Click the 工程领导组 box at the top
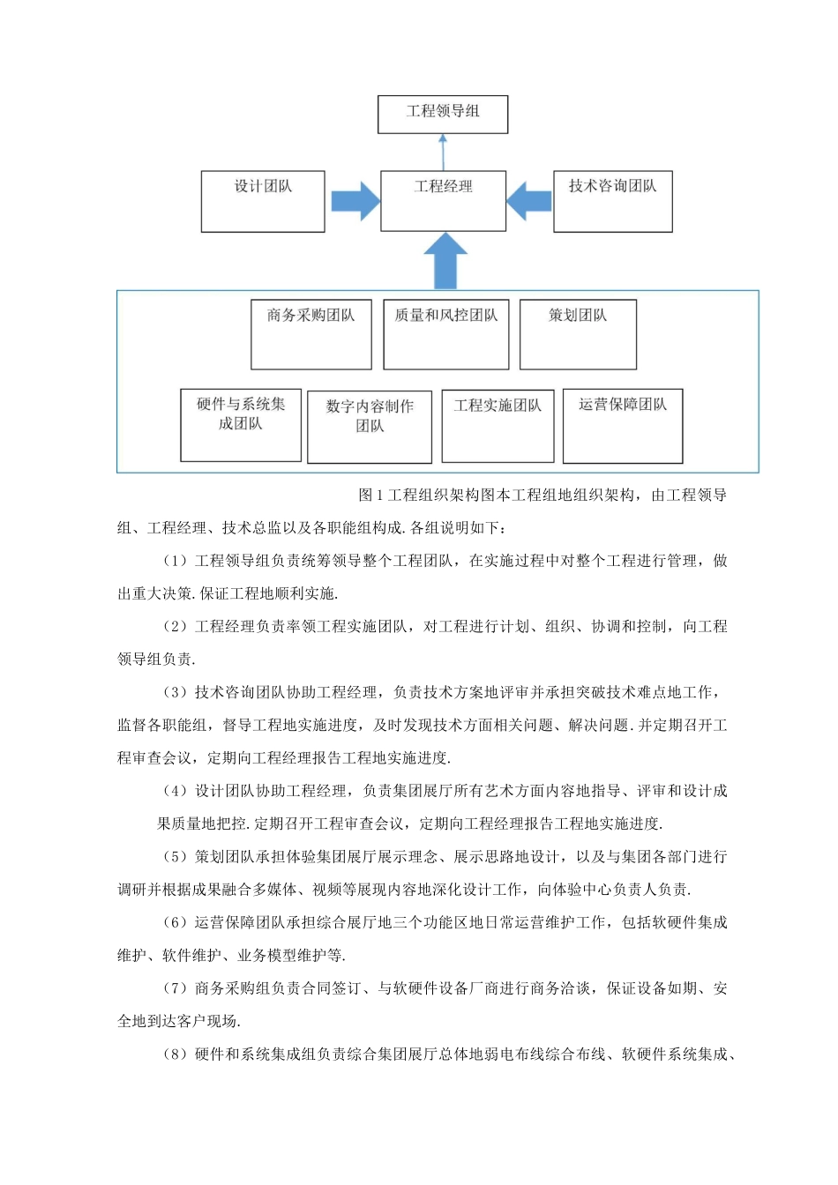(443, 115)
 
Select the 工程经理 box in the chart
(443, 201)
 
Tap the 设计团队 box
(263, 201)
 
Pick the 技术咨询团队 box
(612, 201)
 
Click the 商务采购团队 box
(311, 334)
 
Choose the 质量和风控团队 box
(445, 334)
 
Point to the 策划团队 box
(578, 334)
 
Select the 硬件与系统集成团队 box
(241, 425)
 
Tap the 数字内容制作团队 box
(369, 427)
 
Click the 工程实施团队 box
(498, 426)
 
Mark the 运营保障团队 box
(623, 426)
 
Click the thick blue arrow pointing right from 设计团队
(355, 201)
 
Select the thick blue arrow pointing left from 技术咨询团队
(530, 201)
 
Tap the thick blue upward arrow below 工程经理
(445, 261)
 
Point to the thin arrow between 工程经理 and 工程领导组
(443, 152)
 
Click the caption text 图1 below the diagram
(371, 496)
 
